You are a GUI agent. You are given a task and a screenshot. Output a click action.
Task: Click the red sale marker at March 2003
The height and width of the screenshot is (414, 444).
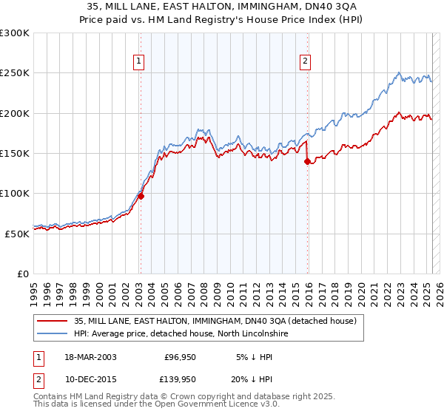point(141,197)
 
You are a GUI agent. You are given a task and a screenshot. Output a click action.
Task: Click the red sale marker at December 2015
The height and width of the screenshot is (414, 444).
point(307,162)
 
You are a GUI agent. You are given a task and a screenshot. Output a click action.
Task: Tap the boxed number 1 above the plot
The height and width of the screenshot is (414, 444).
point(139,62)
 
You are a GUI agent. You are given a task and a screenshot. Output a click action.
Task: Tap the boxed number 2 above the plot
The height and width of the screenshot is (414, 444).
point(305,62)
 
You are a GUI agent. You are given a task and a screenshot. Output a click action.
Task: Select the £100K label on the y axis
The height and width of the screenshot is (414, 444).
point(15,193)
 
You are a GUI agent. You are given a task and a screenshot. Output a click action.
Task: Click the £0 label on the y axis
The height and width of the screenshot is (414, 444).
point(24,274)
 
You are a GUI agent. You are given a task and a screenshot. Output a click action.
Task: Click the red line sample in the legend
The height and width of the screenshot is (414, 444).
point(52,322)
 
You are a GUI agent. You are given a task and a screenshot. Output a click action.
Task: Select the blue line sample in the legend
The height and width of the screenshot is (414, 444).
point(52,334)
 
